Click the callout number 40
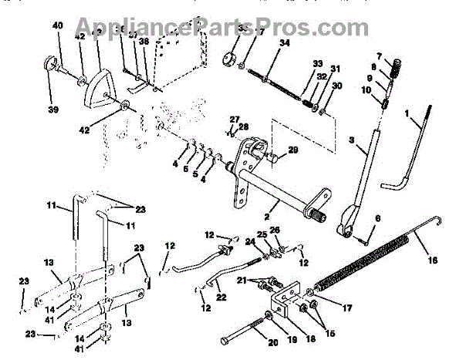pos(57,26)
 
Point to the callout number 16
pos(432,261)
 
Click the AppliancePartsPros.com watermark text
pos(231,27)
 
